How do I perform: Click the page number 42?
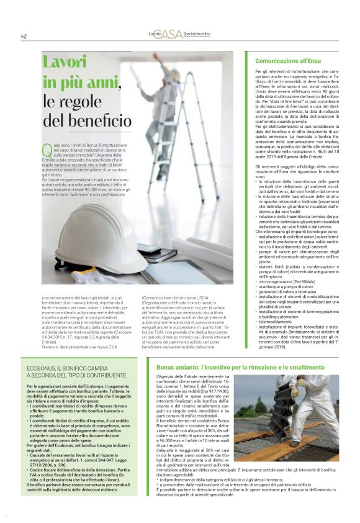pyautogui.click(x=24, y=37)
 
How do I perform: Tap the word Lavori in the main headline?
pyautogui.click(x=65, y=63)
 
